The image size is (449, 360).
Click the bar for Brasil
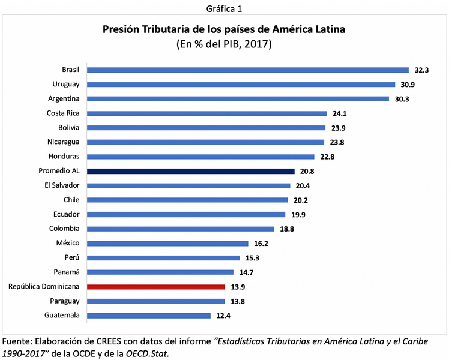point(247,70)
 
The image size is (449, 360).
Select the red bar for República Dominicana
point(156,287)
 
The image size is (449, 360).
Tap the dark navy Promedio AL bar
point(191,171)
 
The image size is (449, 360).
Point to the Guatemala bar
point(149,316)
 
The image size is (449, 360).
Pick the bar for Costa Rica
point(206,113)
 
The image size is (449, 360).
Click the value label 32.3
point(420,70)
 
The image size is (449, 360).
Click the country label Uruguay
point(66,85)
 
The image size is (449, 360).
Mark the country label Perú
point(71,258)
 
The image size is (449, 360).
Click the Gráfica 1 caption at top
point(224,8)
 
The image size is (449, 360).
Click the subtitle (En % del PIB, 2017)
point(224,44)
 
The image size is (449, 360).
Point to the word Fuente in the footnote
point(17,341)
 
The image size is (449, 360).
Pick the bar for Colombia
point(181,229)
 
